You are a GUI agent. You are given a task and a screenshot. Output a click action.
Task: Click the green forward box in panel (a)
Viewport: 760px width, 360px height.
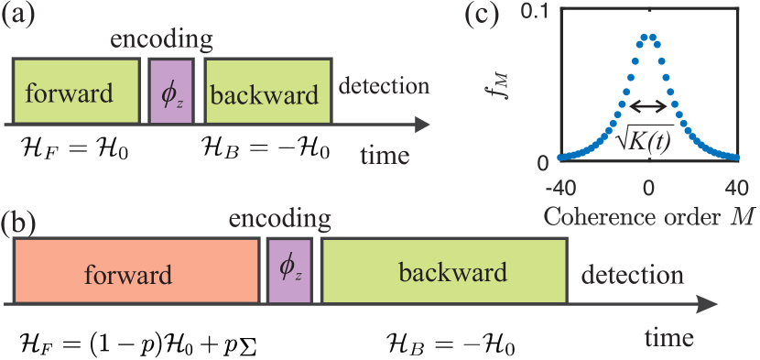(x=75, y=92)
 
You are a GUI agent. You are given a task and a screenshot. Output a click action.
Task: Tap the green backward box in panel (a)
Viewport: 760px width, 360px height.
(x=266, y=92)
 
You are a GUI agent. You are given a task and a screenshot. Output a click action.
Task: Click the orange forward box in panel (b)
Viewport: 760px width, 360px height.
(x=136, y=271)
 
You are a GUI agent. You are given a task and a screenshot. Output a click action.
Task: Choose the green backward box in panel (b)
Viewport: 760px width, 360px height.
(x=445, y=271)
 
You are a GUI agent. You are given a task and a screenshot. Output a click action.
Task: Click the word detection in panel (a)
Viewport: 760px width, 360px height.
(x=384, y=87)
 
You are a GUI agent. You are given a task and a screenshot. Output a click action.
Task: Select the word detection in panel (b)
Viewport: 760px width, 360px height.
(x=632, y=274)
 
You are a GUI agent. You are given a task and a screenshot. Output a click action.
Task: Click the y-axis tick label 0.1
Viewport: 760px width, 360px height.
(x=534, y=12)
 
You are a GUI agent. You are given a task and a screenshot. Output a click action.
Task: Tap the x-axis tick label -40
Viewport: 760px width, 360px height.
(x=559, y=188)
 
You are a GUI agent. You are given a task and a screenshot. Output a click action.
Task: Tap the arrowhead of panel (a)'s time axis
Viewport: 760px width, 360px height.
(x=424, y=124)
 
